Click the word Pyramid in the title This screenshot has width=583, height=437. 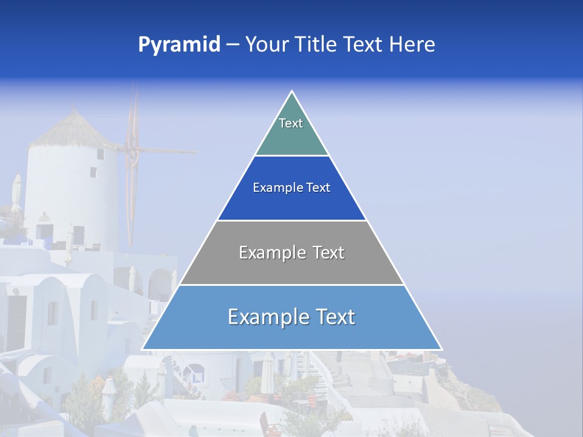coord(179,45)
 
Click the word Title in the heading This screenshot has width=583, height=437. coord(314,45)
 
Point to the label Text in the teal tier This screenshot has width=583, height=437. coord(291,123)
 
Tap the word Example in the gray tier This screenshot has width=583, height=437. coord(265,252)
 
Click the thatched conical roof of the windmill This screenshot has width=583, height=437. coord(73,129)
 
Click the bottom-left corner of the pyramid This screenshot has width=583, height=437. coord(142,350)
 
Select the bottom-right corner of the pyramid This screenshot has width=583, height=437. coord(442,350)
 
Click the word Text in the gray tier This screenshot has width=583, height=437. coord(329,252)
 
